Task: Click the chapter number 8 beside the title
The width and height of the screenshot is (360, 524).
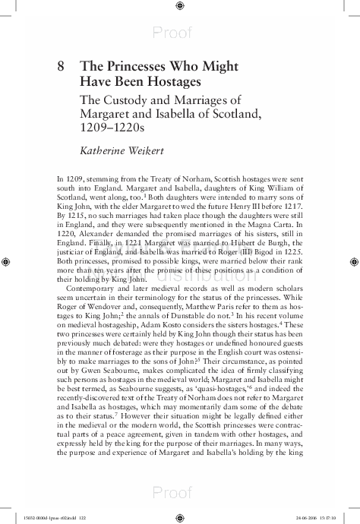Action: [61, 66]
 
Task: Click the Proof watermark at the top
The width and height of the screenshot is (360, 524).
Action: [179, 32]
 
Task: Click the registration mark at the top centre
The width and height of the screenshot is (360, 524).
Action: [179, 6]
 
